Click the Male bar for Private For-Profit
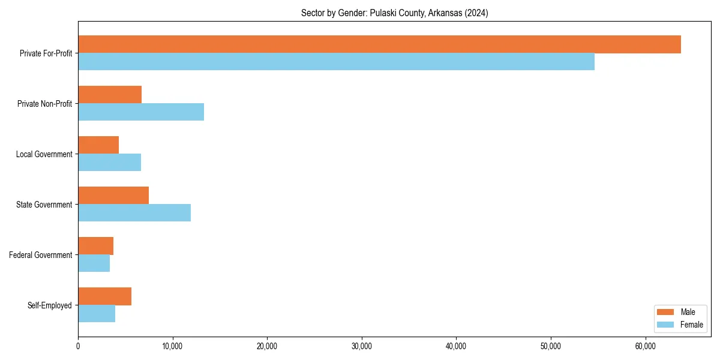click(379, 44)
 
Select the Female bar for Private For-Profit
click(336, 62)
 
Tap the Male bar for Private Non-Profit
click(110, 95)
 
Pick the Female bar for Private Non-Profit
click(141, 112)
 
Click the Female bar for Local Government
click(109, 163)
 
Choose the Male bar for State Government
click(113, 196)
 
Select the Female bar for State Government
click(134, 213)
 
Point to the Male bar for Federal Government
click(95, 246)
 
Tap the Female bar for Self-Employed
click(97, 314)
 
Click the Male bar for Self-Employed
click(104, 296)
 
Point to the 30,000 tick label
click(362, 346)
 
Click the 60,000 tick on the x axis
click(646, 346)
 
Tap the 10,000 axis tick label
click(172, 346)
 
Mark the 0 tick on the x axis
click(78, 346)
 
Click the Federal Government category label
click(41, 255)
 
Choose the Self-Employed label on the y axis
click(50, 305)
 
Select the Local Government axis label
click(44, 154)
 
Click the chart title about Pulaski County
click(394, 13)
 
